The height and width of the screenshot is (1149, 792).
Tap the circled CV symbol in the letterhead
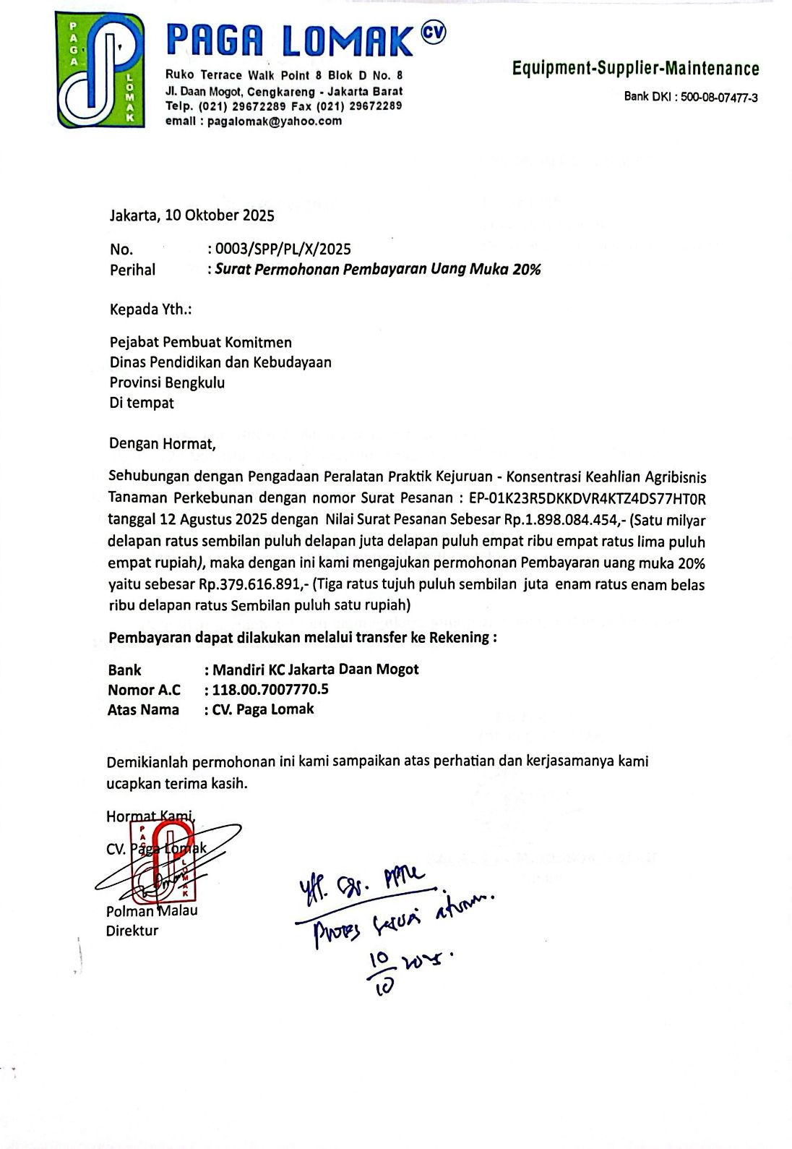click(x=432, y=33)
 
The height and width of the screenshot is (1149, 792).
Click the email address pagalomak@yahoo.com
click(x=275, y=121)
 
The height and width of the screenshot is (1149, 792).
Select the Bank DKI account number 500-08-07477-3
click(x=719, y=98)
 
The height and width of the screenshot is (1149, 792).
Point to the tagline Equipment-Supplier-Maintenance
click(x=635, y=69)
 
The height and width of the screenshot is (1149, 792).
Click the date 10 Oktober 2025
click(x=220, y=215)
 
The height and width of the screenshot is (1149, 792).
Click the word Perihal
click(x=132, y=270)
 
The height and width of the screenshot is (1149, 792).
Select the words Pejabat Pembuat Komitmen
click(x=200, y=342)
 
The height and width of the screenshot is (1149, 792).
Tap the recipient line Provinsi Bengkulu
click(x=167, y=383)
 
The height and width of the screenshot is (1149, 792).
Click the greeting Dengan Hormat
click(x=163, y=443)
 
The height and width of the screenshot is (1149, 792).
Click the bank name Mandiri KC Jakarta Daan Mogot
click(x=316, y=670)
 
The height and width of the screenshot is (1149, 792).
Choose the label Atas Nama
click(x=143, y=710)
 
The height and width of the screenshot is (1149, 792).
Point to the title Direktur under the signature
click(x=132, y=931)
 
